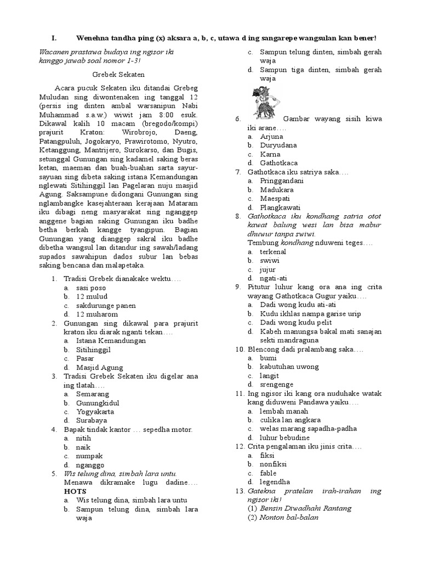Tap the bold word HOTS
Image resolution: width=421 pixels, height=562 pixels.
(75, 491)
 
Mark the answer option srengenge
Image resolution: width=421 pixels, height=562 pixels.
(276, 384)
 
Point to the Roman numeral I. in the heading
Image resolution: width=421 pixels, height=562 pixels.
(54, 38)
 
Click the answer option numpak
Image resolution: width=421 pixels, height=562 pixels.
(89, 456)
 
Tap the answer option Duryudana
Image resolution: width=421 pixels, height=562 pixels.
(278, 145)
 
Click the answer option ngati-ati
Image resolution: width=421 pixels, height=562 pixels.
(274, 278)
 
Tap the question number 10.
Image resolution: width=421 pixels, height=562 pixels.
(239, 349)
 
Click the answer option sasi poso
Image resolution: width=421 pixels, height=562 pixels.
(91, 288)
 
